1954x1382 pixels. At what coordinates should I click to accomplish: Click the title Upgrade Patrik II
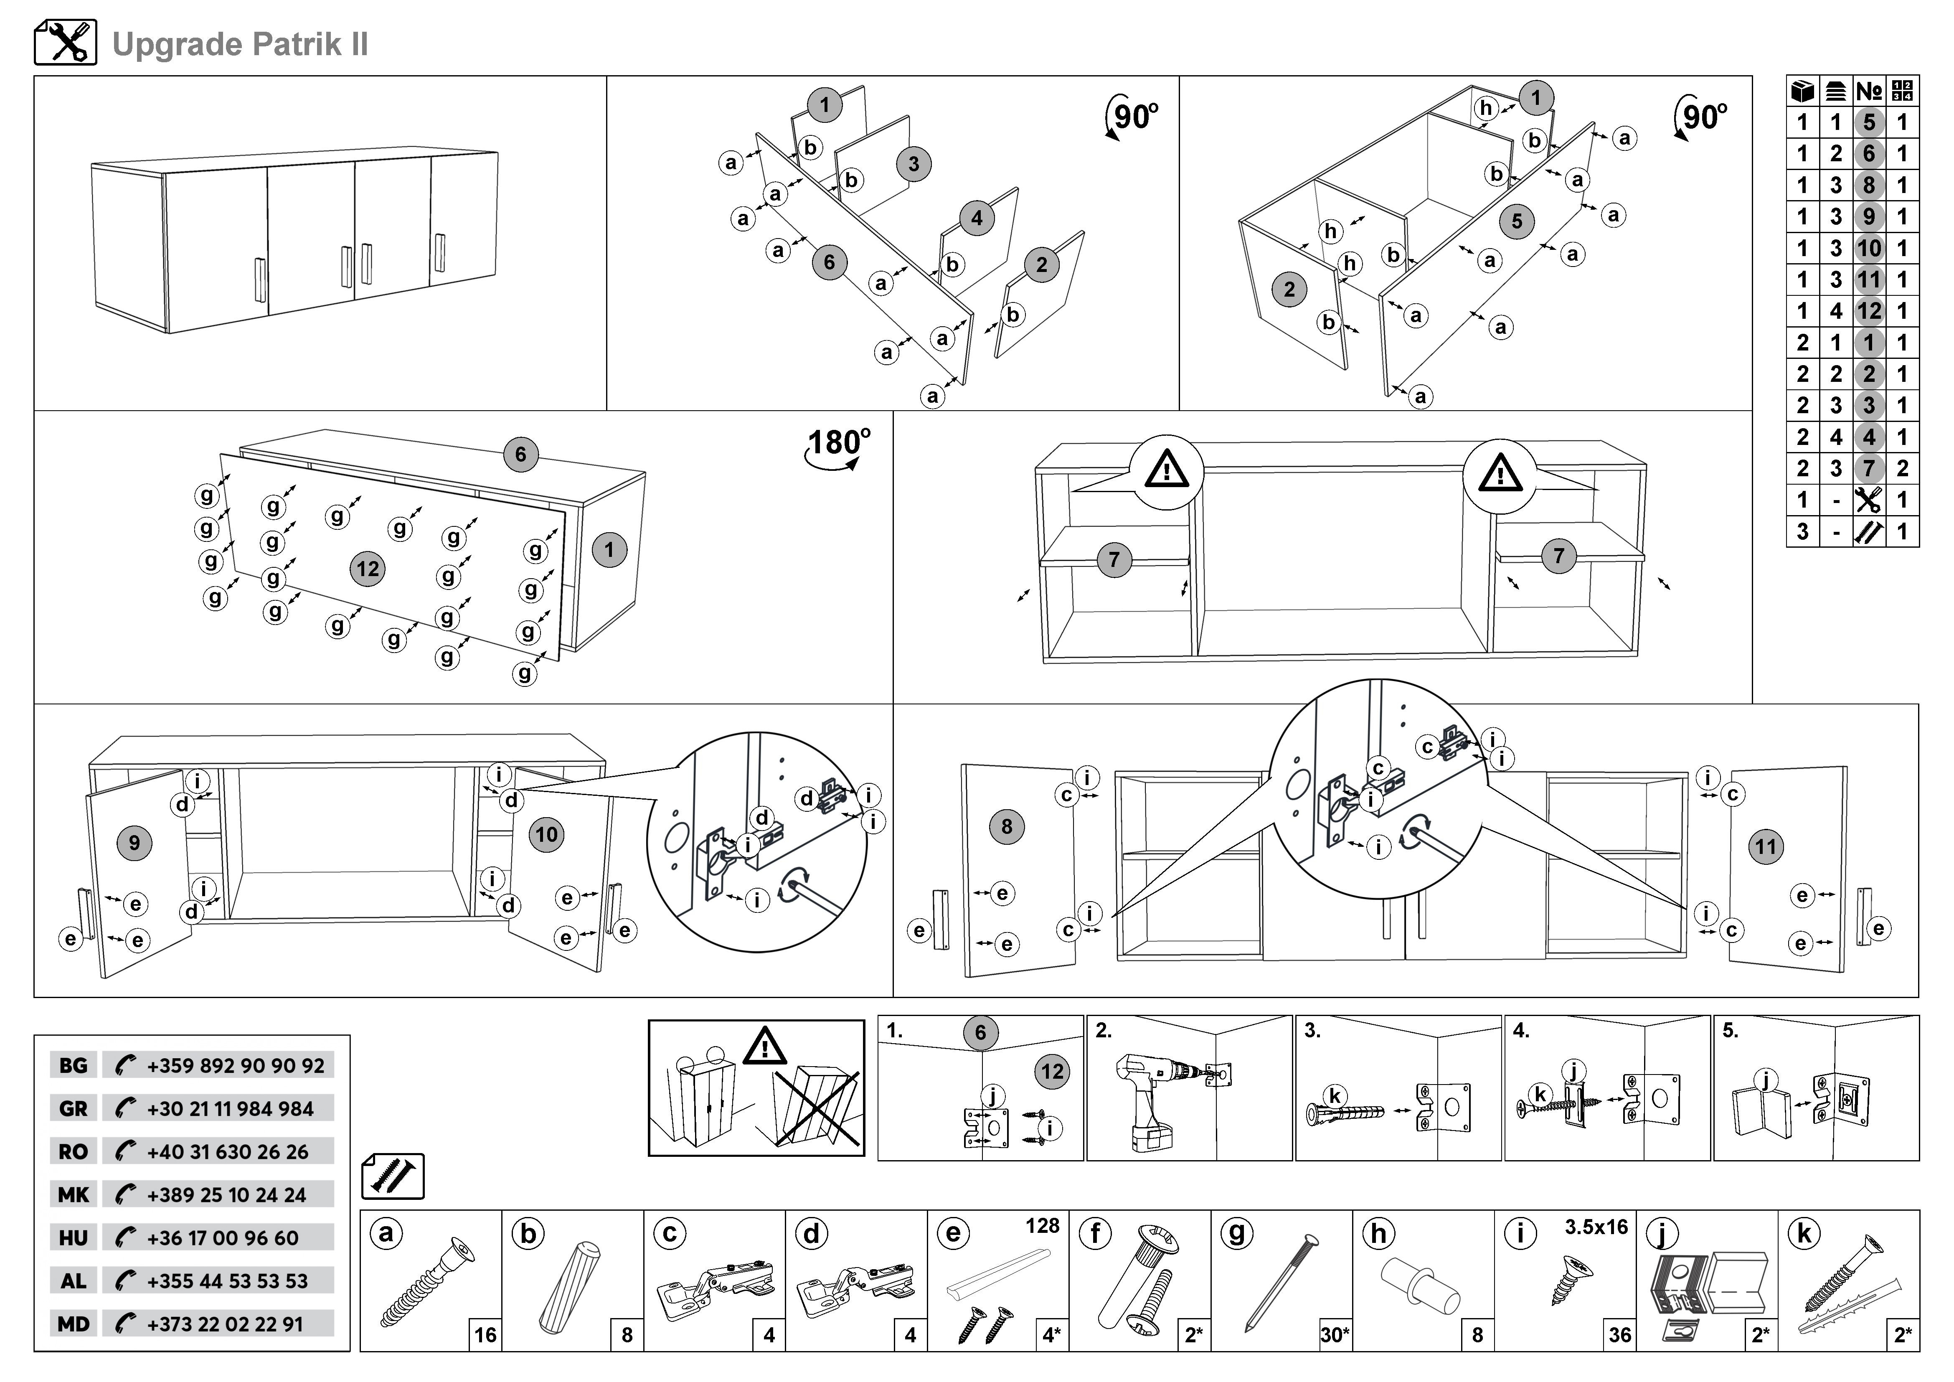point(240,44)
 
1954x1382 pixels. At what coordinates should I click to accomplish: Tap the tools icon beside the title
point(66,43)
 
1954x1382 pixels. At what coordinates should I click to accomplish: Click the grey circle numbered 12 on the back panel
point(368,569)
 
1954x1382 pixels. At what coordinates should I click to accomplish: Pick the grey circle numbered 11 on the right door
point(1766,847)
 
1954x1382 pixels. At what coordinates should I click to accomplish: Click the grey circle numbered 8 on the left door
point(1007,826)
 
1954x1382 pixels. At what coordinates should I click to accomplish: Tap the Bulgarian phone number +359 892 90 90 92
point(235,1065)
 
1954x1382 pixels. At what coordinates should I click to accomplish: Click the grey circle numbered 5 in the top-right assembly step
point(1517,221)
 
